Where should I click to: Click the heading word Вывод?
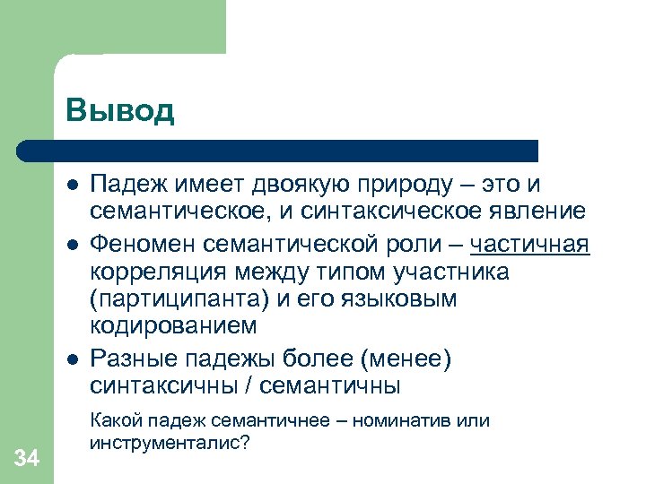(x=119, y=111)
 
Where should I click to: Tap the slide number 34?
(x=27, y=459)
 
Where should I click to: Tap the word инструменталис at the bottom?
(x=161, y=443)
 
